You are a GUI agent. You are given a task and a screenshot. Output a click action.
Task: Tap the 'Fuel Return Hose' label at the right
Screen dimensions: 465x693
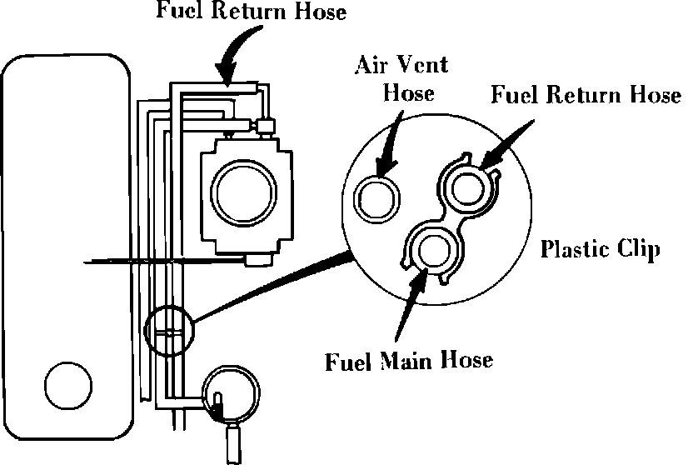(x=586, y=94)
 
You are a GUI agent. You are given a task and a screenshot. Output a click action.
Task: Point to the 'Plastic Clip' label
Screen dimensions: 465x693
(x=600, y=249)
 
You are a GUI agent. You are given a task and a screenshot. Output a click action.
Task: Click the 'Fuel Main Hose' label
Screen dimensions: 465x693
(x=409, y=361)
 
